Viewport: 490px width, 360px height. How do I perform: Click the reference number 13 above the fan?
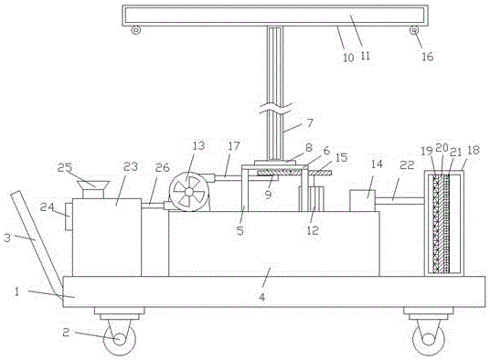pyautogui.click(x=198, y=146)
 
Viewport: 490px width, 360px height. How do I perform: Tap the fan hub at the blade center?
pyautogui.click(x=188, y=191)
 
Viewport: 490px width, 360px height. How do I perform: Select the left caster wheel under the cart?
pyautogui.click(x=120, y=339)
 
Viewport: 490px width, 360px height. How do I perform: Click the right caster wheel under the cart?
pyautogui.click(x=429, y=339)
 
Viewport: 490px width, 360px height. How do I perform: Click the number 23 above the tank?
pyautogui.click(x=131, y=166)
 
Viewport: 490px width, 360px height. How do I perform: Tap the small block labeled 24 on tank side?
pyautogui.click(x=69, y=217)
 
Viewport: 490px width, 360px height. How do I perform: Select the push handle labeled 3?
pyautogui.click(x=37, y=238)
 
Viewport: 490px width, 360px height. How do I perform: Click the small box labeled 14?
pyautogui.click(x=362, y=201)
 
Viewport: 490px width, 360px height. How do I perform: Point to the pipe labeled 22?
pyautogui.click(x=399, y=201)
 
